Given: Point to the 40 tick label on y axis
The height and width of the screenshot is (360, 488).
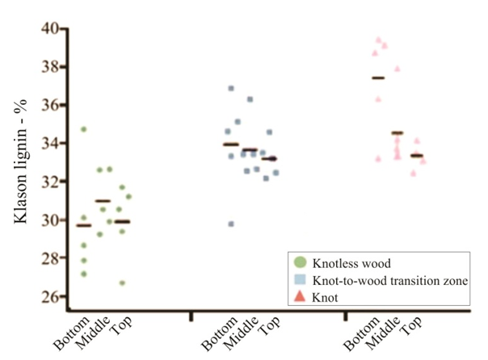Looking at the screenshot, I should tap(50, 29).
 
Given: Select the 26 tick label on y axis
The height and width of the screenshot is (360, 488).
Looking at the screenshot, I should tap(50, 296).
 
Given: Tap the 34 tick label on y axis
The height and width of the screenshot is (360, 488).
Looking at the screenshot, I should tap(50, 144).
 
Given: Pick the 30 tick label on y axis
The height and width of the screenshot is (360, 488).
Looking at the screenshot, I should tap(50, 220).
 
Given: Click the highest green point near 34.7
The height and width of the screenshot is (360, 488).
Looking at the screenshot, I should tap(83, 129).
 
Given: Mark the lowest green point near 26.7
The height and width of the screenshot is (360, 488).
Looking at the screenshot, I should tap(122, 283).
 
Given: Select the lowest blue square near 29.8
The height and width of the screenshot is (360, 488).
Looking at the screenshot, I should tap(231, 224).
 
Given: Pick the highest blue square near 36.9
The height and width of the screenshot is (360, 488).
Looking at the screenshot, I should tap(231, 88).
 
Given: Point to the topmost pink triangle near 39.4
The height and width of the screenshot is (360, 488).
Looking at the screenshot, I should tap(377, 40).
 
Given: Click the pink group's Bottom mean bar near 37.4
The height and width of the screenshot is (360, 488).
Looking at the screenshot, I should tap(377, 77).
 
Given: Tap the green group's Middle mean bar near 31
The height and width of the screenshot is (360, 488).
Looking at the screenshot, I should tap(103, 201).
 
